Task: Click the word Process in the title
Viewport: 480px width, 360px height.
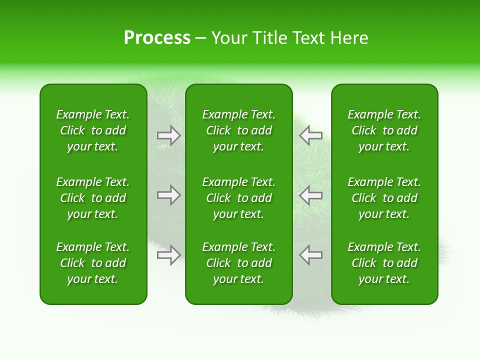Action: click(x=157, y=38)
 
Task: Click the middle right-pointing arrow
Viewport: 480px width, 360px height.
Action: click(x=169, y=195)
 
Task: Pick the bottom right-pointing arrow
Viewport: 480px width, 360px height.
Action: click(x=169, y=254)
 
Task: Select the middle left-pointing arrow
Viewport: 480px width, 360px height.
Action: click(x=310, y=195)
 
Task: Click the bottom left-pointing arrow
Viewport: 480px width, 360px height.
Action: click(x=310, y=254)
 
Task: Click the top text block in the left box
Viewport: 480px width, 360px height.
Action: click(x=93, y=130)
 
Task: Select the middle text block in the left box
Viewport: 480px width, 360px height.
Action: click(x=93, y=198)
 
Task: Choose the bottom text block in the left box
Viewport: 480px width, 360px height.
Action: click(x=93, y=263)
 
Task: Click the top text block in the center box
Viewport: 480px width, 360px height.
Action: click(x=238, y=130)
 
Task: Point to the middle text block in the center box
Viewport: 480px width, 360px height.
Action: click(x=238, y=198)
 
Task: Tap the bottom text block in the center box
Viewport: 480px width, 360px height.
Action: click(x=238, y=263)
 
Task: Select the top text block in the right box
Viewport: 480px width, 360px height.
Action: click(x=384, y=130)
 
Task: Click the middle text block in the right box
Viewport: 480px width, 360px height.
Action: click(x=384, y=198)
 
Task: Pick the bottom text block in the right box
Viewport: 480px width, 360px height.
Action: click(x=384, y=263)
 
